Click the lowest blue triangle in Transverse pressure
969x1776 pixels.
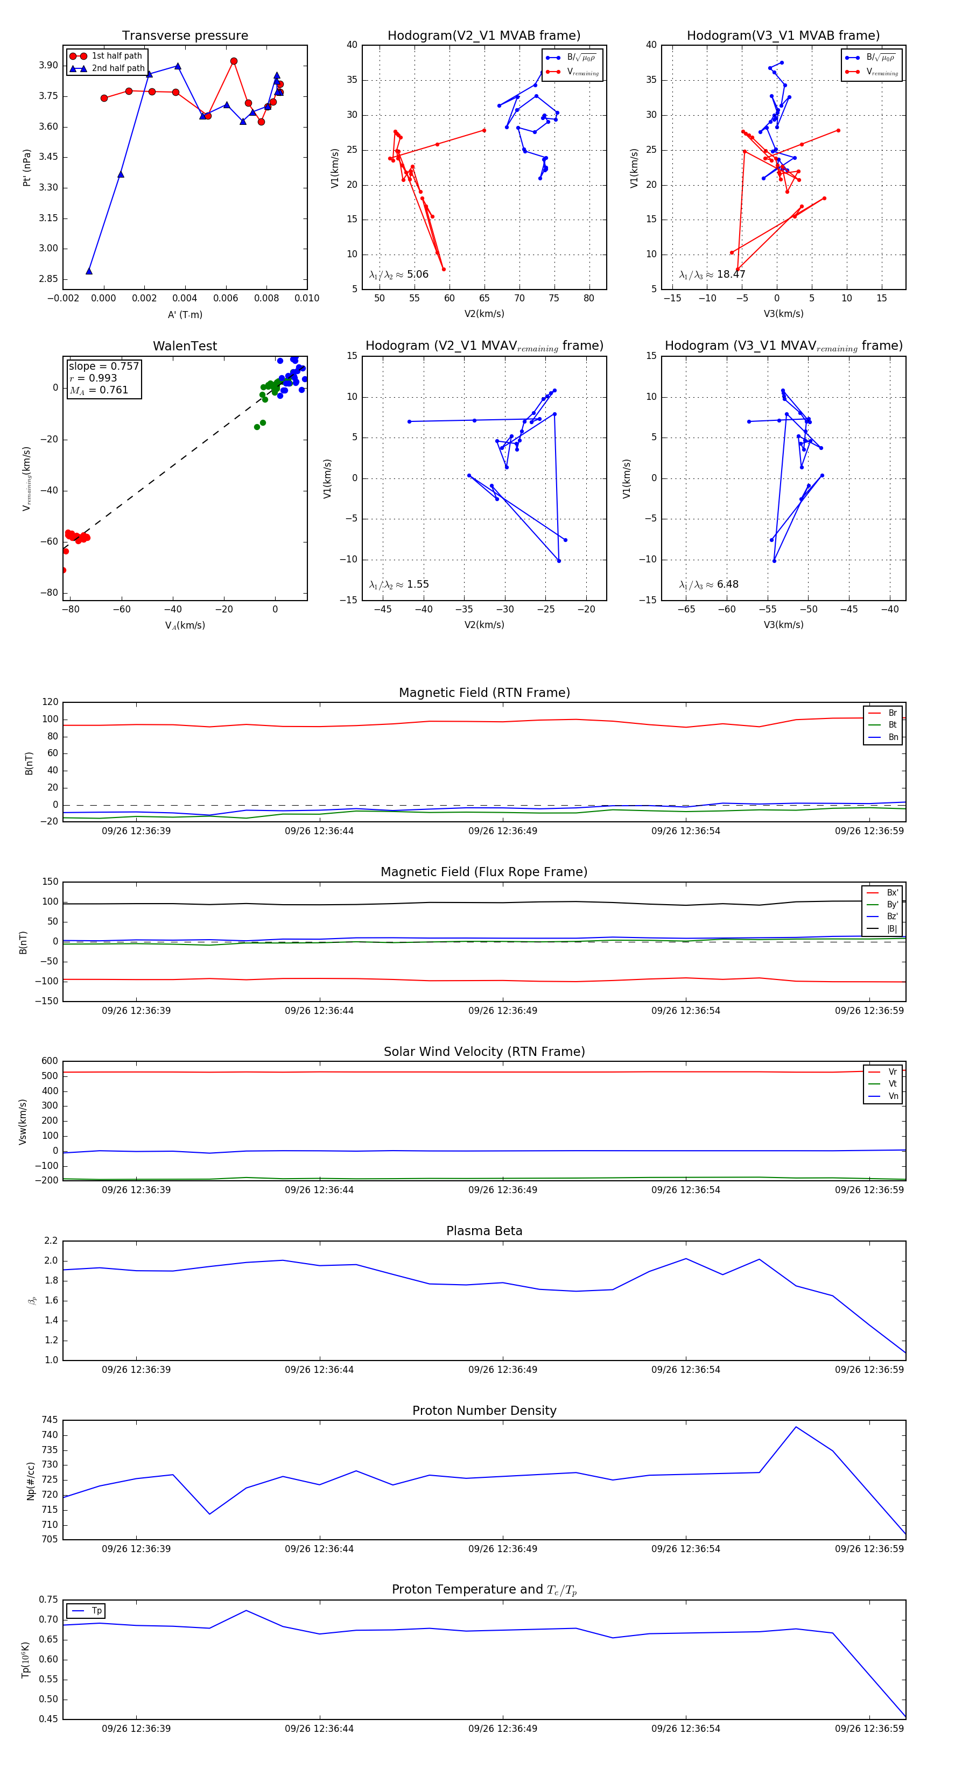click(89, 271)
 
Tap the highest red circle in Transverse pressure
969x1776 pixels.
click(234, 61)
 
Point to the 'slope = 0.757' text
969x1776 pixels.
click(103, 366)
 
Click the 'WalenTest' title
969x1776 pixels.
click(185, 346)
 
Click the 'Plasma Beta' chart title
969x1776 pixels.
click(484, 1231)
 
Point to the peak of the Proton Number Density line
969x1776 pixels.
click(796, 1427)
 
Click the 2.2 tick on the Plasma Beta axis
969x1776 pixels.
click(51, 1241)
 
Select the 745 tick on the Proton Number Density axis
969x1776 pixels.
click(50, 1420)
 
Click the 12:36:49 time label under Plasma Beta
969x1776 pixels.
click(503, 1369)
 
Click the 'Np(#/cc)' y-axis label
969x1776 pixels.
click(30, 1481)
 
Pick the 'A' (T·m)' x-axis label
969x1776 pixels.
click(185, 314)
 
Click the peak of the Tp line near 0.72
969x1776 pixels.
click(246, 1611)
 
